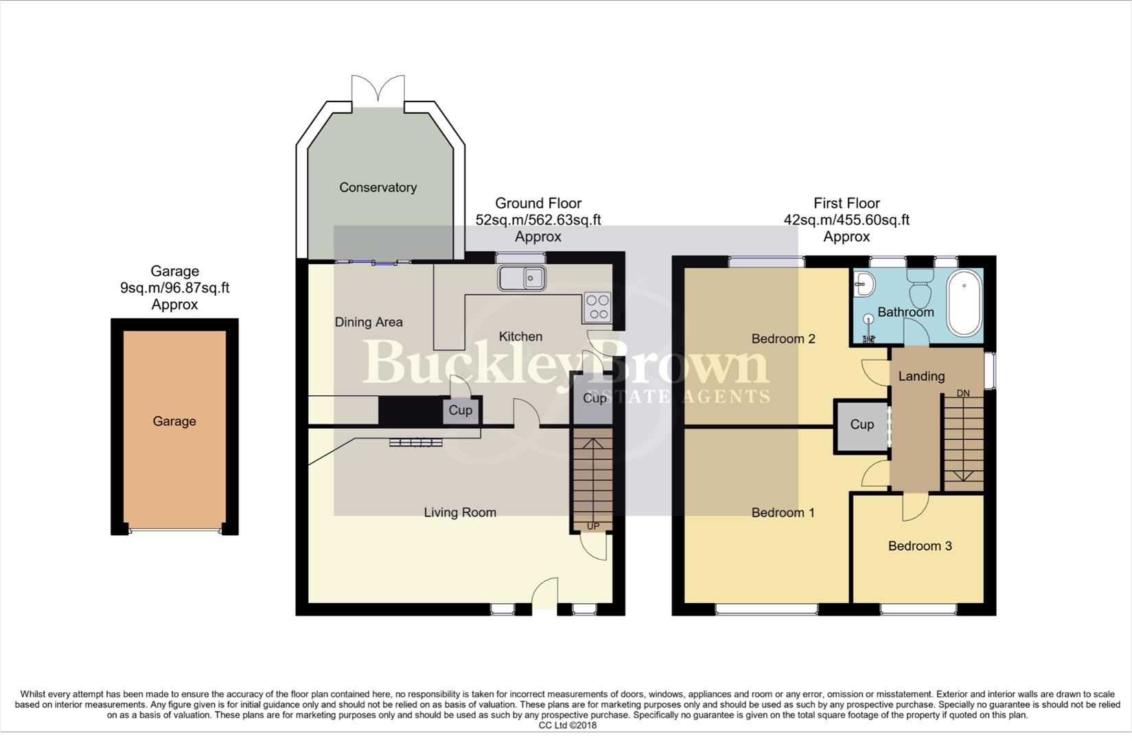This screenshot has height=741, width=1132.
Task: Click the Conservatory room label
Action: pos(378,187)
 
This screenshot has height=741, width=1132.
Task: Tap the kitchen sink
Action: pos(522,278)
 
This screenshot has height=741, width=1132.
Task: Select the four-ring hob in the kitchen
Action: pos(597,307)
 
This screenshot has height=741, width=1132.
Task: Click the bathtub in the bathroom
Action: pos(964,303)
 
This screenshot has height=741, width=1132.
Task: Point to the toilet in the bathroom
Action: pos(919,289)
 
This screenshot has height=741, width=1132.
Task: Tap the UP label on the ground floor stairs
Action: pos(592,526)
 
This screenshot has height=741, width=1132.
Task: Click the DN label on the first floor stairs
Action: pos(963,393)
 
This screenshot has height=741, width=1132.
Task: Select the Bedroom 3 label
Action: pos(919,546)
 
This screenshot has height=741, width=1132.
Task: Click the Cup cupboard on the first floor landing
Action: pos(862,425)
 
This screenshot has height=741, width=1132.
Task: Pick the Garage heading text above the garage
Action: pos(174,271)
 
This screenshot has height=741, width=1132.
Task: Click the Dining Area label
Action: pos(369,322)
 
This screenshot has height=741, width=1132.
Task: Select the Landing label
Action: pos(921,376)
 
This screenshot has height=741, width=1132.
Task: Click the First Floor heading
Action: pos(846,203)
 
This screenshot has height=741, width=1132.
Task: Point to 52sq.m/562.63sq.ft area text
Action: pos(538,220)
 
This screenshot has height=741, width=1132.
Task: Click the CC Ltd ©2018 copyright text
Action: pos(567,725)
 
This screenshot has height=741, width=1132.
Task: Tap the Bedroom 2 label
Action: pos(783,338)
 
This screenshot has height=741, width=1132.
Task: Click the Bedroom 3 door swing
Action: pos(915,506)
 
